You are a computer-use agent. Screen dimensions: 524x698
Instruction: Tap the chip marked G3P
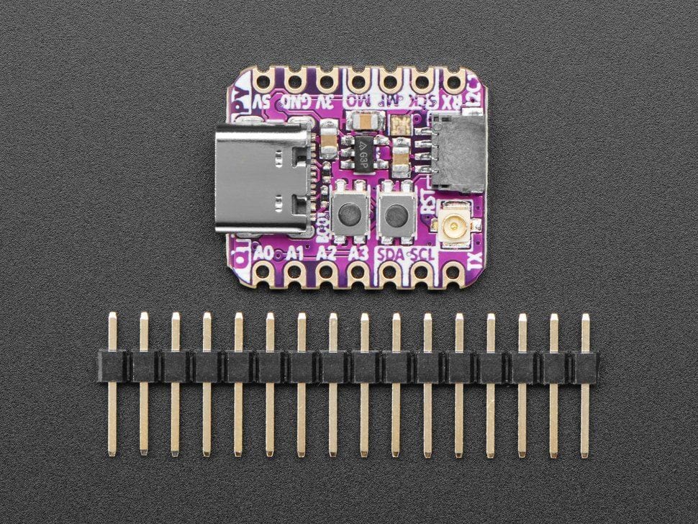(x=364, y=152)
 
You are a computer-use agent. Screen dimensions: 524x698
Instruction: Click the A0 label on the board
(x=264, y=253)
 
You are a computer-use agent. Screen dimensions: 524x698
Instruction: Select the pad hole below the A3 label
(x=358, y=273)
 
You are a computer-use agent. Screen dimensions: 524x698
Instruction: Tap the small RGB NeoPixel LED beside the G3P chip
(x=400, y=127)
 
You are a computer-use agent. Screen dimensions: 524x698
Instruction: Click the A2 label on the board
(x=327, y=253)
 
